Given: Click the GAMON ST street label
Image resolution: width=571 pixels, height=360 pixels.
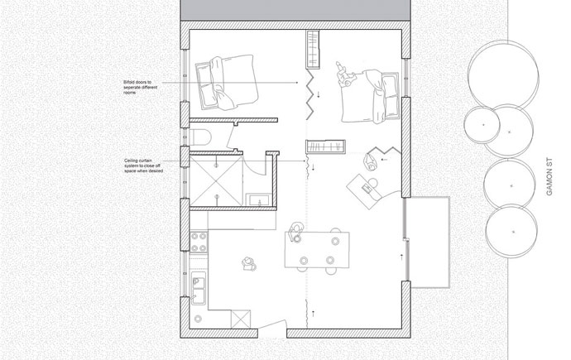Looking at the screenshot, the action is [549, 176].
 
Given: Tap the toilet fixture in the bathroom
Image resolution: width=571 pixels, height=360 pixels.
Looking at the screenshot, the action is [200, 137].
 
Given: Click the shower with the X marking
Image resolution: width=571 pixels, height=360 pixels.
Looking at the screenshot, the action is [216, 181].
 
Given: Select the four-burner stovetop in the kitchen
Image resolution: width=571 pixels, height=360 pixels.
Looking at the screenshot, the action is [199, 242].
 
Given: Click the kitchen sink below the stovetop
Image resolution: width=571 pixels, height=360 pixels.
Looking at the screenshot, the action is [198, 288].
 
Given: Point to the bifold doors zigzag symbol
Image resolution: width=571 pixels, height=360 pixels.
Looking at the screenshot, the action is [309, 94].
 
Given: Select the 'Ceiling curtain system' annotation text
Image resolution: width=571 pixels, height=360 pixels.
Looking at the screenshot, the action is [143, 166].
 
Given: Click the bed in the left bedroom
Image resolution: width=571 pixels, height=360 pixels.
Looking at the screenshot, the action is [227, 83].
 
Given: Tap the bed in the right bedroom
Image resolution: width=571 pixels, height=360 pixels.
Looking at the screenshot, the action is [370, 97].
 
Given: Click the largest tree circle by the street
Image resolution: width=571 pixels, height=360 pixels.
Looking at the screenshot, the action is [503, 76].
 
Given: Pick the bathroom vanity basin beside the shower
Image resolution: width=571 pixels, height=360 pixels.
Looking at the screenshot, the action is [258, 199].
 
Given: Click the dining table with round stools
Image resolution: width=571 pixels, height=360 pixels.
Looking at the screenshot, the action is [317, 250].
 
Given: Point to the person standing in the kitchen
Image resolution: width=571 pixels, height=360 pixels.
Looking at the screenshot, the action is [249, 263].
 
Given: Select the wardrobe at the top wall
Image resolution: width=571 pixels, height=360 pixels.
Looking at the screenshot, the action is [313, 50].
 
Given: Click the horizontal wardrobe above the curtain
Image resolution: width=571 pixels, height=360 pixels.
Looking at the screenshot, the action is [325, 146].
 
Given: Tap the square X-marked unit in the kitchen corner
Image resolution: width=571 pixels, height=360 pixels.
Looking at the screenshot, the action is [241, 319].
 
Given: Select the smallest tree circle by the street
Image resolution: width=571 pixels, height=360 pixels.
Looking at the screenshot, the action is [482, 125].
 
